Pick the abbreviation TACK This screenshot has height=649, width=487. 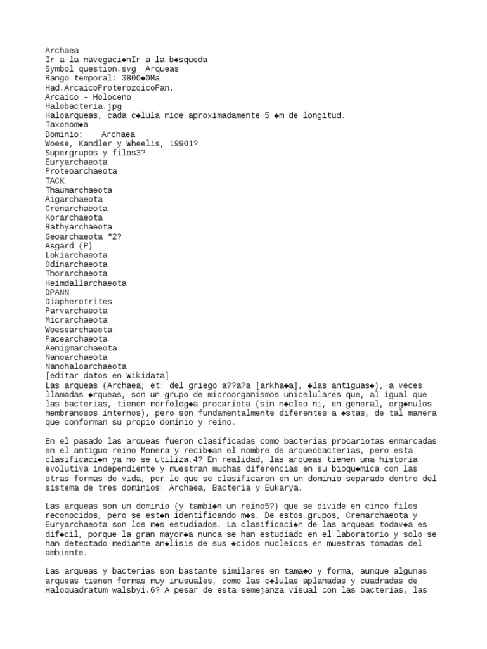point(55,181)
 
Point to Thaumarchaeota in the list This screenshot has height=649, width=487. point(79,190)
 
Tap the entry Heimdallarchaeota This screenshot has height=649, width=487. point(86,283)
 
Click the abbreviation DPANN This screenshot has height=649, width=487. point(57,292)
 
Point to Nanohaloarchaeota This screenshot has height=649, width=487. point(86,366)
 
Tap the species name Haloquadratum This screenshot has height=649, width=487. point(77,589)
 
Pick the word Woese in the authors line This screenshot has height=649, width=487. point(57,144)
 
